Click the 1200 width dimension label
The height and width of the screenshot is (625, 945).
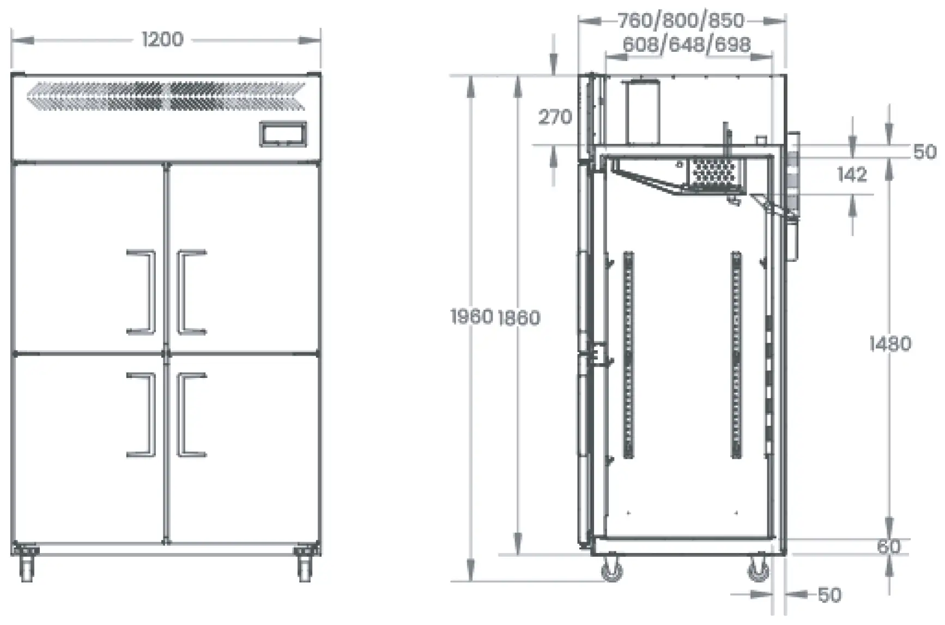pyautogui.click(x=162, y=39)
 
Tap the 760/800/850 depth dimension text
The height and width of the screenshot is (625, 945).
pyautogui.click(x=681, y=21)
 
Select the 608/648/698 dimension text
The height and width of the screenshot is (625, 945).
pyautogui.click(x=687, y=44)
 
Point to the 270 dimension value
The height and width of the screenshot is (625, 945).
pyautogui.click(x=555, y=117)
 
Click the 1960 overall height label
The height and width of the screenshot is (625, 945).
pyautogui.click(x=472, y=316)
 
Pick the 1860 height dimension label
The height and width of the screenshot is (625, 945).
pyautogui.click(x=519, y=317)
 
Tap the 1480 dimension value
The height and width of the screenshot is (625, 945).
pyautogui.click(x=890, y=344)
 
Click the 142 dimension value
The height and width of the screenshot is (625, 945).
pyautogui.click(x=852, y=174)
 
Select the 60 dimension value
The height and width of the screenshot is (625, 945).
pyautogui.click(x=889, y=546)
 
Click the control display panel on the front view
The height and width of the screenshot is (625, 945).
pyautogui.click(x=283, y=134)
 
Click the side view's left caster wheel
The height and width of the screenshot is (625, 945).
pyautogui.click(x=611, y=569)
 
